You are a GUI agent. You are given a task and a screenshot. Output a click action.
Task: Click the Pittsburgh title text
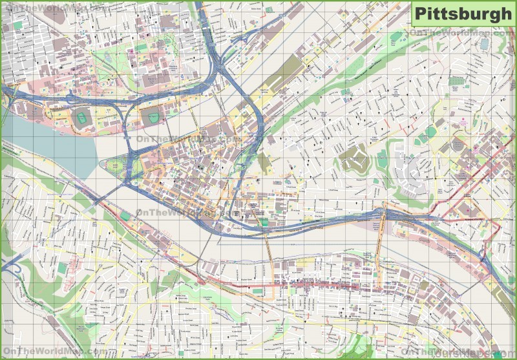coord(462,14)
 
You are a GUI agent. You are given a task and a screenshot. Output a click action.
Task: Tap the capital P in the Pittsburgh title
coord(420,14)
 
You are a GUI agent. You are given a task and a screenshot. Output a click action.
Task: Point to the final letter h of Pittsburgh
coord(505,14)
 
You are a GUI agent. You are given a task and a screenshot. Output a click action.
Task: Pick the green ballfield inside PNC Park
coord(151,117)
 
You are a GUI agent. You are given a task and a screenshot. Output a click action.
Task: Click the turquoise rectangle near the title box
coord(484,43)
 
